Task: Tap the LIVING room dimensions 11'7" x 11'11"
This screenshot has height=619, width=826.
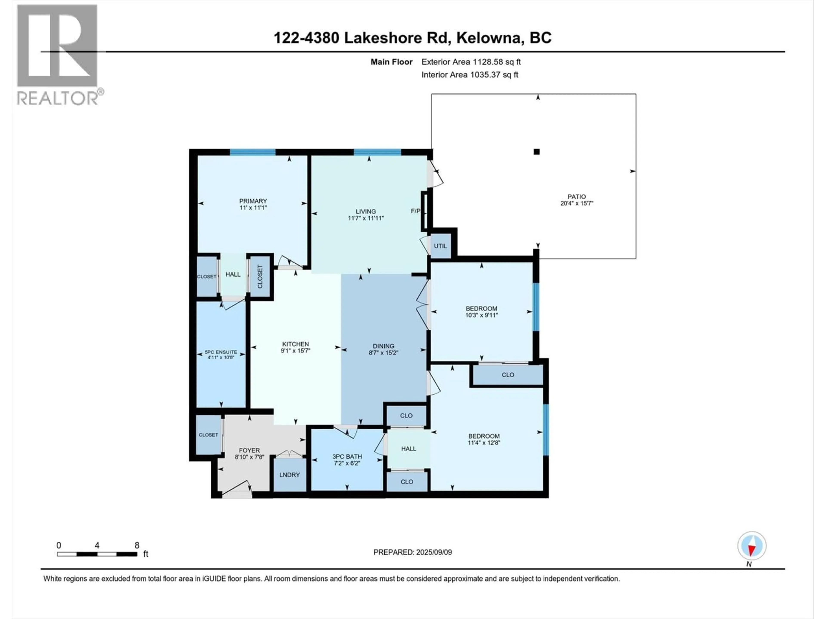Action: pyautogui.click(x=366, y=218)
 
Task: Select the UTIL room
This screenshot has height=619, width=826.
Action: pyautogui.click(x=440, y=246)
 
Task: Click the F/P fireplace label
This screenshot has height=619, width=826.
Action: pyautogui.click(x=415, y=211)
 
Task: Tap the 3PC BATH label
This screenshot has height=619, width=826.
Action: pyautogui.click(x=347, y=456)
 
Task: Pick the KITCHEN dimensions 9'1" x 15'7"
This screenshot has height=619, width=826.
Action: pyautogui.click(x=295, y=351)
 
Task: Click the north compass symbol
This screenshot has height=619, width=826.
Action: pyautogui.click(x=752, y=546)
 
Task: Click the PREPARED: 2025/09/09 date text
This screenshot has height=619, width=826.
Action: pyautogui.click(x=412, y=552)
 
